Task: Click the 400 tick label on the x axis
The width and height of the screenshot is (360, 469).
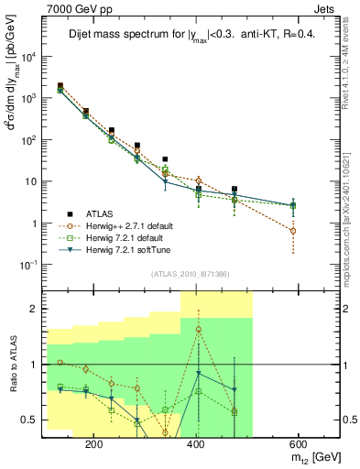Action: point(195,443)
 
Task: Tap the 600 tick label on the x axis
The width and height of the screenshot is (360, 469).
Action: point(297,443)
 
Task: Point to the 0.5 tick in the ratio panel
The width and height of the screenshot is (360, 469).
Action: point(32,420)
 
